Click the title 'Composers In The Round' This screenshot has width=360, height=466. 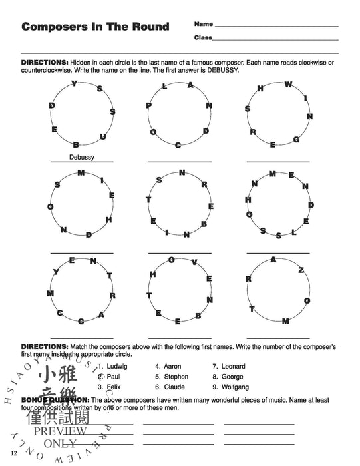95,27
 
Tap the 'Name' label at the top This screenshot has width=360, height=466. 203,24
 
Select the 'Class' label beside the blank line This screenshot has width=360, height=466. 203,37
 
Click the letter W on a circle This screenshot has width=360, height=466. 288,85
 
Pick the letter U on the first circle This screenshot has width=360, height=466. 102,136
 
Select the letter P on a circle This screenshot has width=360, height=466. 149,105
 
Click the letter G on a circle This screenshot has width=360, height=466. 296,139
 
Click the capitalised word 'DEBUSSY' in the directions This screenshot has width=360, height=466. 216,70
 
